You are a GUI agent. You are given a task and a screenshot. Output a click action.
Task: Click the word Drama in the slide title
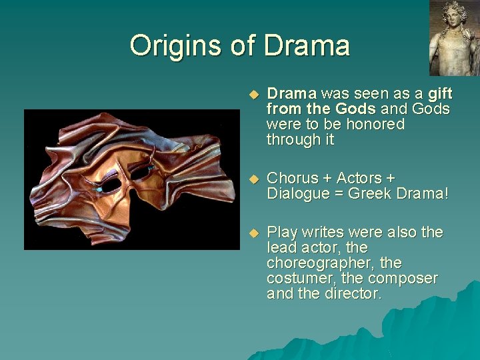point(307,45)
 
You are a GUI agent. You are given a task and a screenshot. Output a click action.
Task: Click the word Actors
point(361,178)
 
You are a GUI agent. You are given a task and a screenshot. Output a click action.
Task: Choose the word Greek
point(371,193)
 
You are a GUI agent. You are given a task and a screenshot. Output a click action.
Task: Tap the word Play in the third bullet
point(282,232)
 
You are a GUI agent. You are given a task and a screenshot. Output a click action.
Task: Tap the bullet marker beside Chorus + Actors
point(252,179)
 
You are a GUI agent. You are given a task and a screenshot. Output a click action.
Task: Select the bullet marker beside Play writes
point(252,233)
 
